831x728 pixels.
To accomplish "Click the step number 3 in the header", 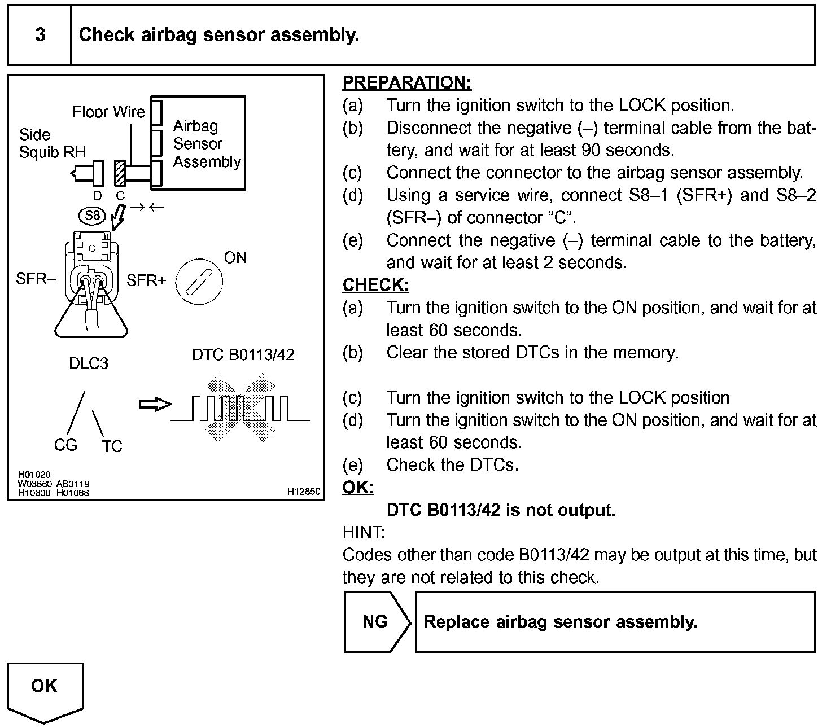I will tap(40, 35).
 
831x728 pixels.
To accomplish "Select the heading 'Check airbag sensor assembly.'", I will tap(219, 35).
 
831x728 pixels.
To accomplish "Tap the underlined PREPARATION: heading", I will tap(406, 83).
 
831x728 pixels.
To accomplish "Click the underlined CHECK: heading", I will tap(375, 285).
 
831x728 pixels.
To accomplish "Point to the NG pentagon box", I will tap(375, 622).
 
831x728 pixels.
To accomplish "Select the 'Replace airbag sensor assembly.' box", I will tap(615, 622).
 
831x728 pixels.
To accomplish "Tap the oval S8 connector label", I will tap(92, 215).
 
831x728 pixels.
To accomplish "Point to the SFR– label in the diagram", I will tap(36, 279).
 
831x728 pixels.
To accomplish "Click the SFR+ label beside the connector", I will tap(146, 280).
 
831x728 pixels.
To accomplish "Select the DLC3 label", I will tap(89, 363).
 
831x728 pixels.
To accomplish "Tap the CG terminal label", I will tap(65, 445).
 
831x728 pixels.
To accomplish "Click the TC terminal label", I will tap(112, 446).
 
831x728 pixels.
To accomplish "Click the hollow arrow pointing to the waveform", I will tap(155, 404).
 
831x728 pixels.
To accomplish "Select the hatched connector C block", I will tap(120, 173).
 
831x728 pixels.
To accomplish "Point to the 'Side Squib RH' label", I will tap(52, 143).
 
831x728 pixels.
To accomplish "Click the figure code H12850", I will tap(304, 492).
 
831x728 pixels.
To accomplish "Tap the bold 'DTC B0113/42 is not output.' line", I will tap(501, 510).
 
